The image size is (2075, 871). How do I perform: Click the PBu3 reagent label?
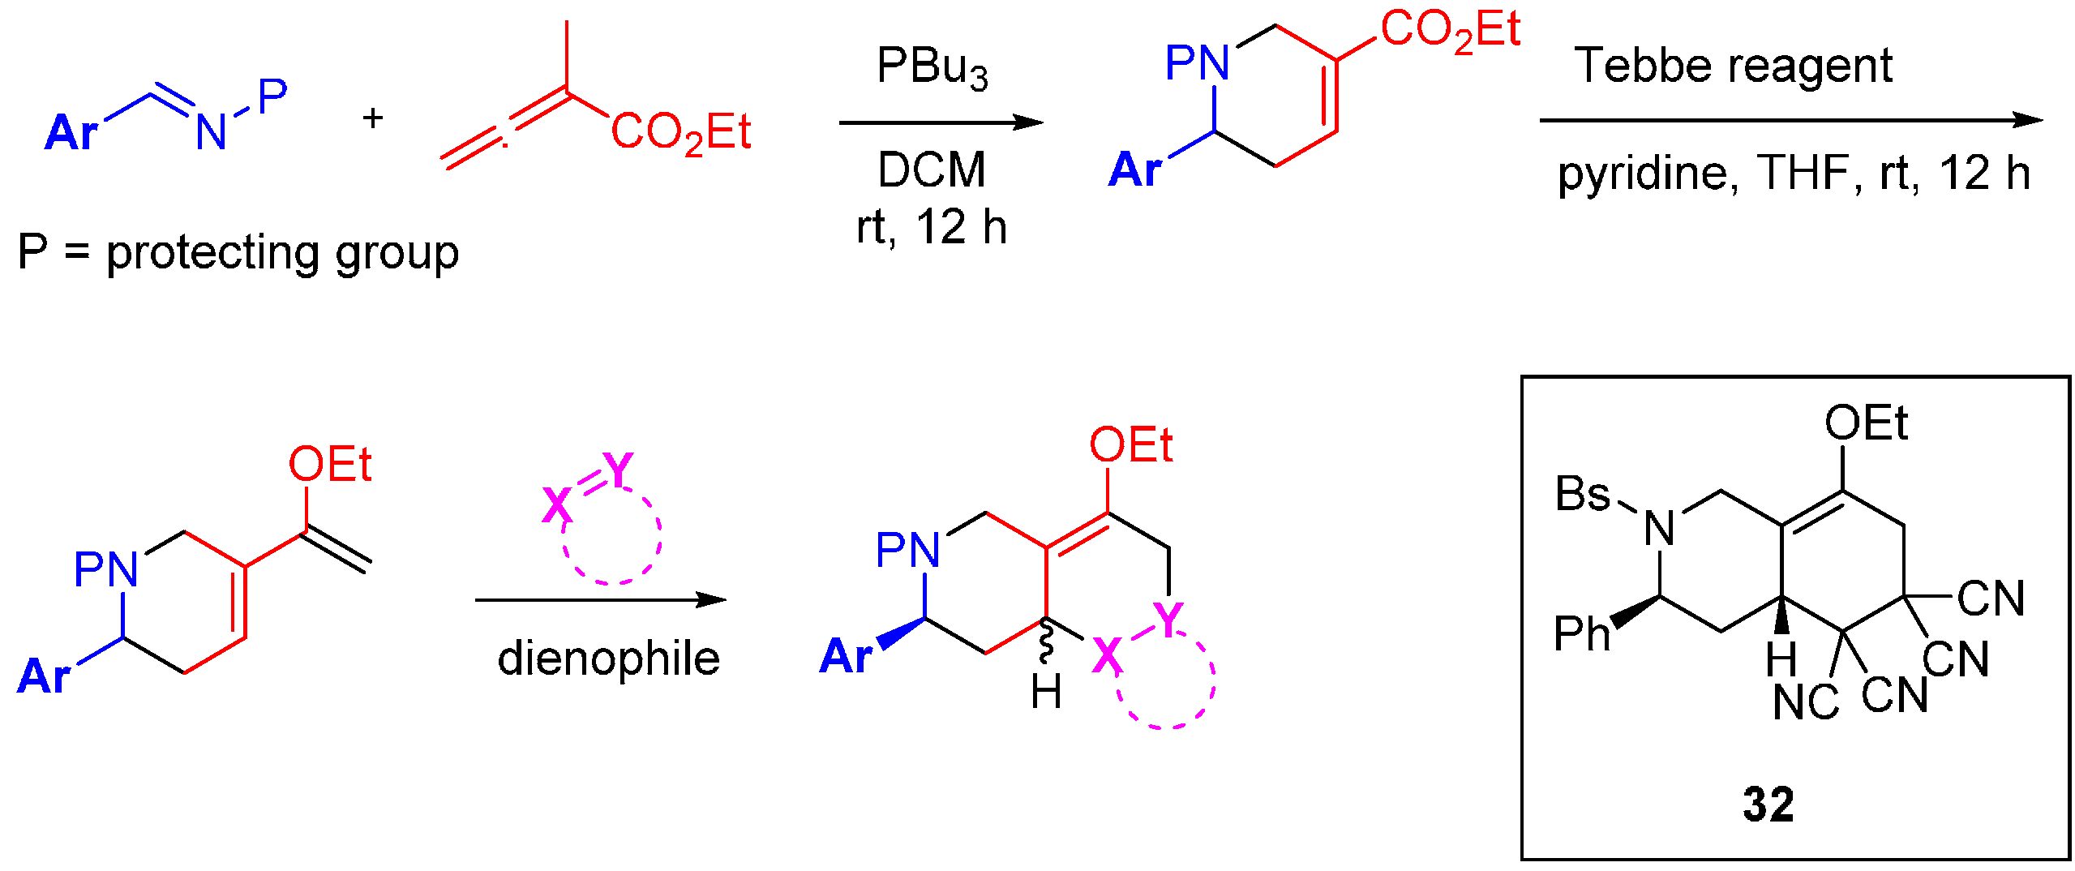[932, 67]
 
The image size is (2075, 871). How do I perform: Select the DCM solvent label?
[932, 170]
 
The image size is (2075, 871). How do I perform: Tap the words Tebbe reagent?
[1733, 67]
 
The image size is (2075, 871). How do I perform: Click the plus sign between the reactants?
[373, 118]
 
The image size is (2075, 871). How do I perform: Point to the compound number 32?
[1768, 804]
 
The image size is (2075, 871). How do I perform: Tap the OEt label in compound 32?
[1866, 423]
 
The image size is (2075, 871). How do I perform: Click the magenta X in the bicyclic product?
[1108, 655]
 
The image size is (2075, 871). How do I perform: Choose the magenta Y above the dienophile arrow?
[618, 470]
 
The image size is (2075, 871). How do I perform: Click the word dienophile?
[608, 658]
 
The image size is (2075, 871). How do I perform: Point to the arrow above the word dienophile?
[600, 600]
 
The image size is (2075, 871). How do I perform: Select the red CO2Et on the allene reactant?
[680, 132]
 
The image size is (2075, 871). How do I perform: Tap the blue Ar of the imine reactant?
[71, 132]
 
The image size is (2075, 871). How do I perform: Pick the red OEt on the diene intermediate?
[330, 465]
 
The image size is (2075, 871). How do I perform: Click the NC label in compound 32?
[1805, 702]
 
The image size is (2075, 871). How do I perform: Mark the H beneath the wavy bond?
[1046, 693]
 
